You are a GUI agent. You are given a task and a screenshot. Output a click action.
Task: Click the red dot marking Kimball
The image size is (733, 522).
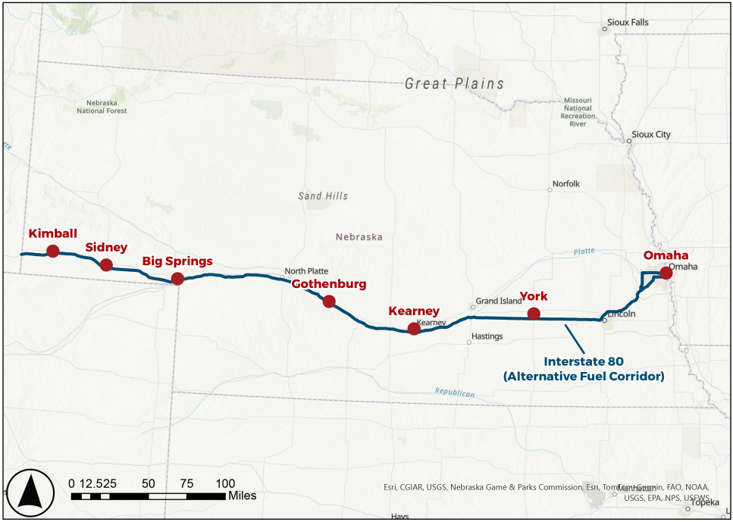pyautogui.click(x=53, y=251)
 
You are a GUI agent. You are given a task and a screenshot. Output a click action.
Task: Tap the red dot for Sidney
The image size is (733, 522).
pyautogui.click(x=106, y=264)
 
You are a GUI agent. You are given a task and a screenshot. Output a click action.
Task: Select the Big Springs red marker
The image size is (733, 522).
pyautogui.click(x=177, y=278)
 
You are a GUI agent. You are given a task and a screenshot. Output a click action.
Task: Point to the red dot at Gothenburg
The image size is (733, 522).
pyautogui.click(x=329, y=301)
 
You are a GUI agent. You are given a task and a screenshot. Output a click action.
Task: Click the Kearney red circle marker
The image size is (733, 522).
pyautogui.click(x=414, y=328)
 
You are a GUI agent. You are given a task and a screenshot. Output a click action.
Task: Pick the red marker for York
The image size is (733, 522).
pyautogui.click(x=534, y=314)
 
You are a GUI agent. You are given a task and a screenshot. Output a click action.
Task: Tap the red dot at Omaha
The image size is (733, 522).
pyautogui.click(x=666, y=273)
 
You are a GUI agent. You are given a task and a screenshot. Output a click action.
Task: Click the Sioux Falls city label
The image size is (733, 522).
pyautogui.click(x=628, y=23)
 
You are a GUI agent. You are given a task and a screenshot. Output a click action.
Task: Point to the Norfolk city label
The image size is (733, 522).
pyautogui.click(x=565, y=183)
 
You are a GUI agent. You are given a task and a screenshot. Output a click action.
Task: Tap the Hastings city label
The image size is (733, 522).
pyautogui.click(x=487, y=335)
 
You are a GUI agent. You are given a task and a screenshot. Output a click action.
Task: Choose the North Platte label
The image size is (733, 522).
pyautogui.click(x=306, y=271)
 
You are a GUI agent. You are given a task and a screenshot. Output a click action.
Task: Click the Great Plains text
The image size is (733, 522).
pyautogui.click(x=454, y=83)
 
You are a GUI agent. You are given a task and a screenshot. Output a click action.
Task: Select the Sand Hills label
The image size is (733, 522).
pyautogui.click(x=323, y=196)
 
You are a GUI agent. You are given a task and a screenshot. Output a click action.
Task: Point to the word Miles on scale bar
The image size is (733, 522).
pyautogui.click(x=243, y=495)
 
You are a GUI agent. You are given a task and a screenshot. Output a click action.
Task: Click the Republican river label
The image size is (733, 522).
pyautogui.click(x=455, y=392)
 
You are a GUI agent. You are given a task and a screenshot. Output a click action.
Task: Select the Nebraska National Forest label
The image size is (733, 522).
pyautogui.click(x=102, y=106)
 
